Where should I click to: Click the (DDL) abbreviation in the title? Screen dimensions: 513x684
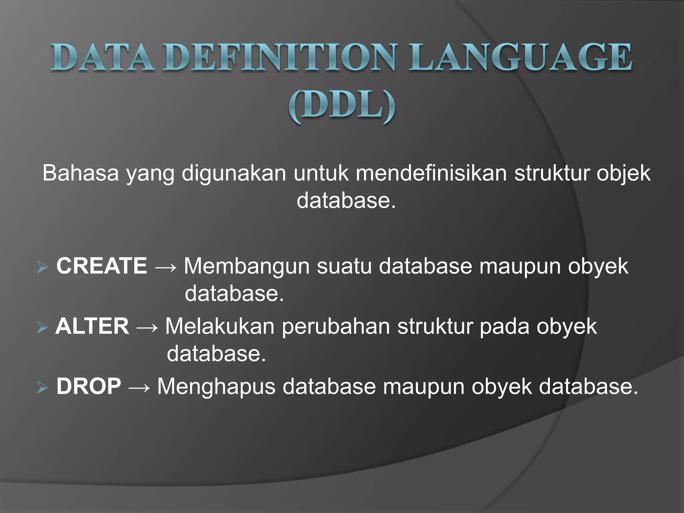342,107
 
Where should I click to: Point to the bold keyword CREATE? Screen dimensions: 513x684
102,266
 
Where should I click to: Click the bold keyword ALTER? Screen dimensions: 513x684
92,326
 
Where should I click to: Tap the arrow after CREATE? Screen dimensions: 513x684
166,267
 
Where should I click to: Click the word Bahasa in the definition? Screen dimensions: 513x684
80,173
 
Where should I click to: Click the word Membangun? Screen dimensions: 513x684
247,267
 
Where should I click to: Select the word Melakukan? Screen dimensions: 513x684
220,326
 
